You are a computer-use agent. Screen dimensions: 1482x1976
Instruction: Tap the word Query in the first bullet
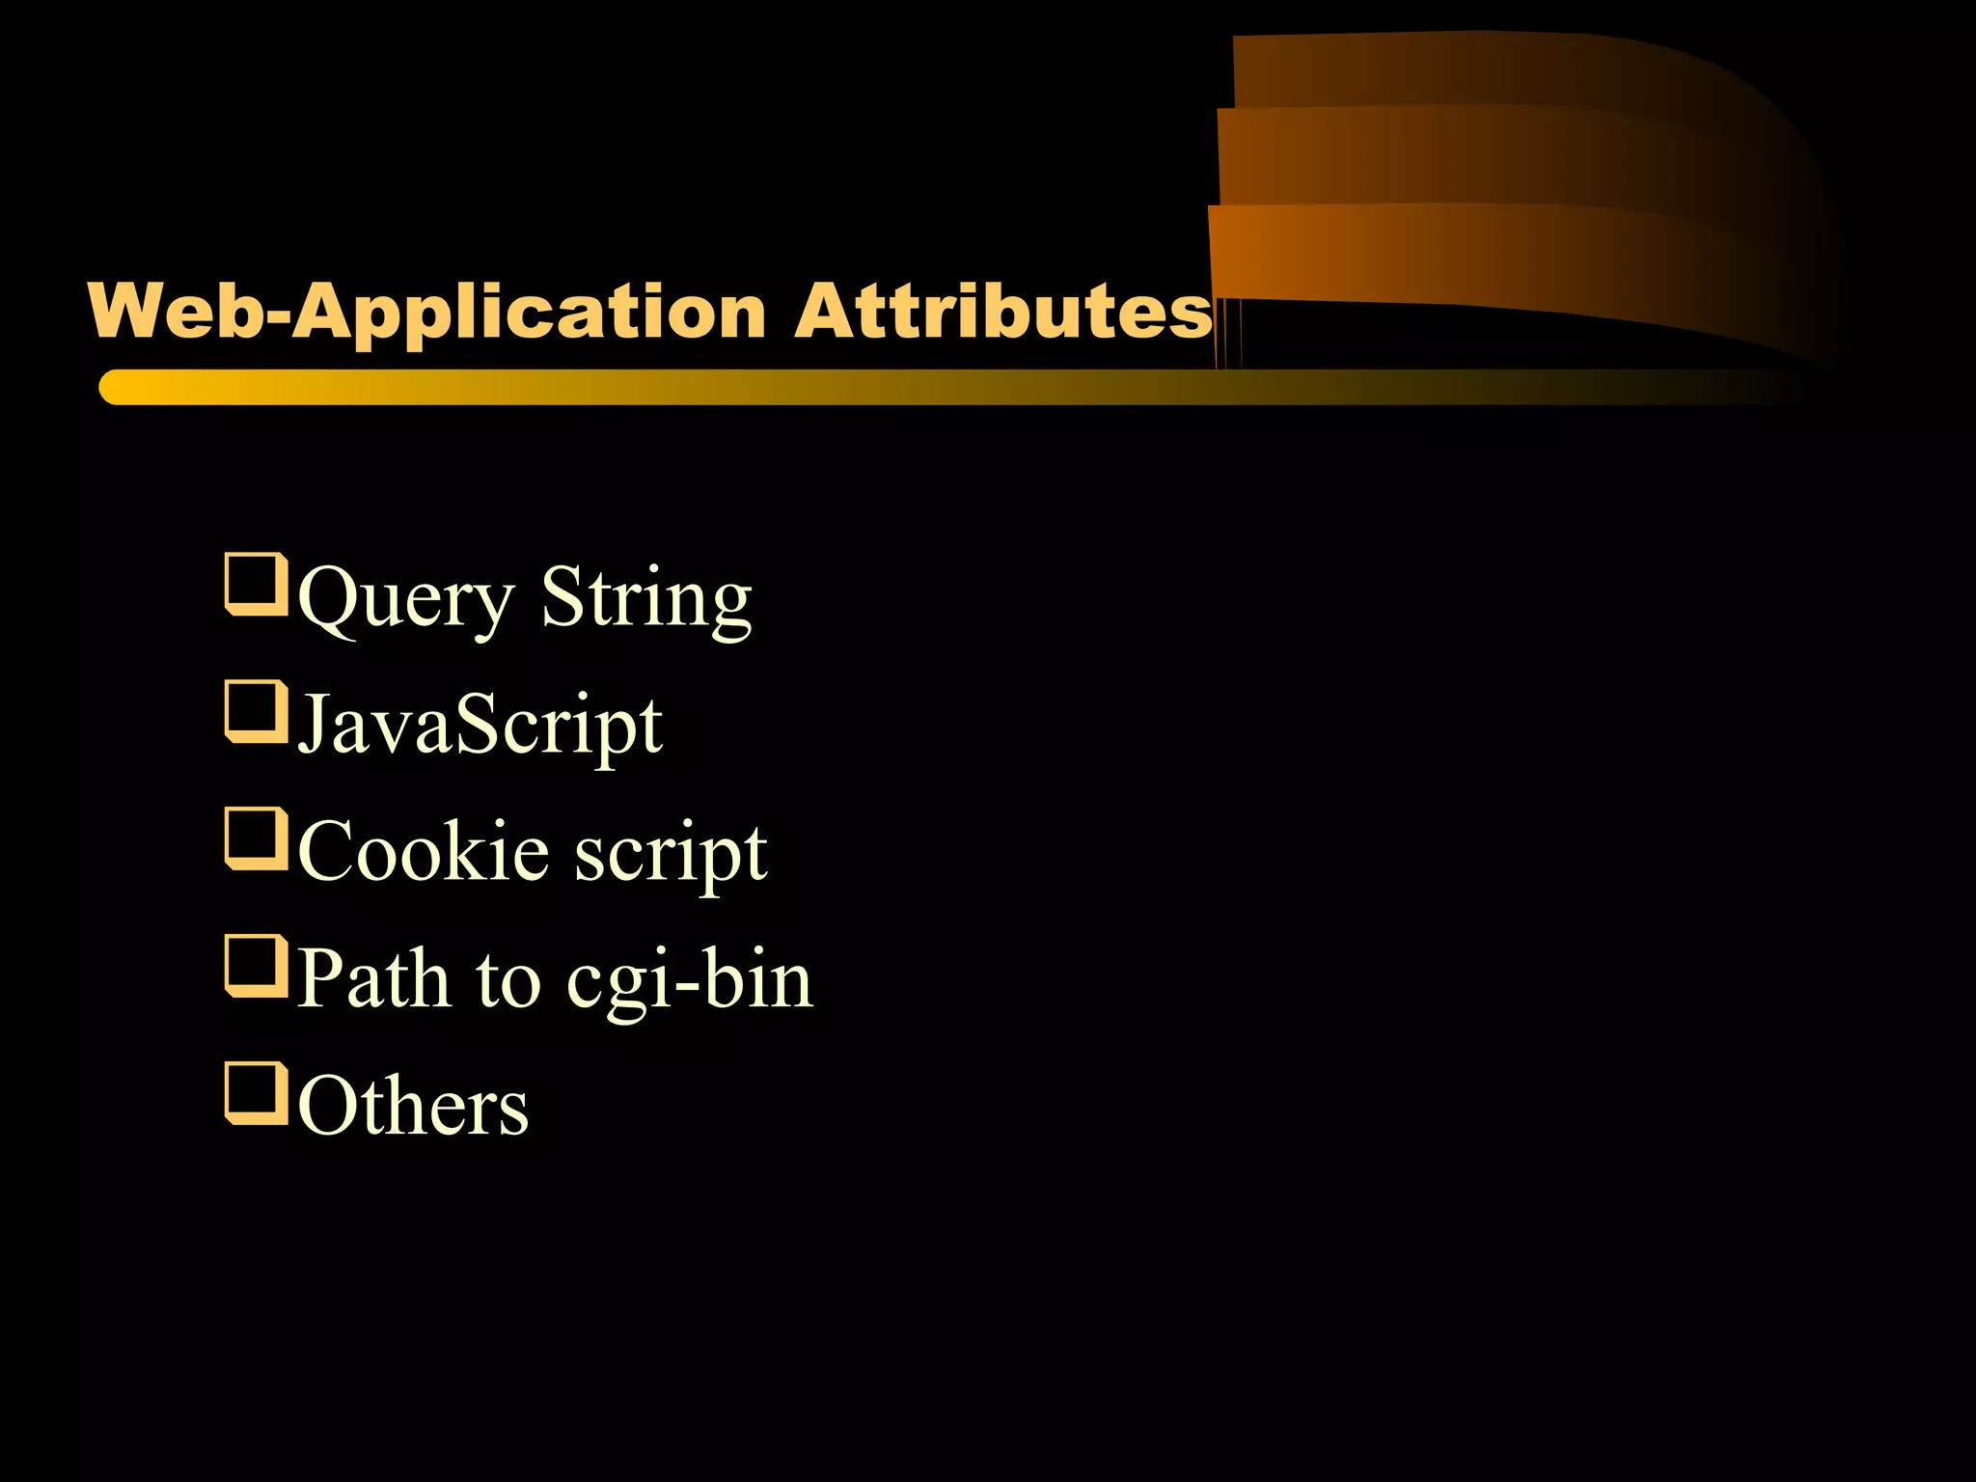click(405, 599)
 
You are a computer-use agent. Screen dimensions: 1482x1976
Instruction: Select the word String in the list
click(645, 599)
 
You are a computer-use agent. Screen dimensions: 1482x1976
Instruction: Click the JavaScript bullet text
click(480, 726)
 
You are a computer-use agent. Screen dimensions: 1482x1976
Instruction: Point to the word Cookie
click(424, 851)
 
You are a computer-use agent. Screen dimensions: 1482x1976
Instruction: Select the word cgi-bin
click(690, 980)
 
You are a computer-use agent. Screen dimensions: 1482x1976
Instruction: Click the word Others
click(413, 1106)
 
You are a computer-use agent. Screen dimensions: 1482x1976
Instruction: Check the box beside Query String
click(256, 584)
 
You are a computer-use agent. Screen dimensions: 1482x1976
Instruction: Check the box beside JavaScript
click(256, 711)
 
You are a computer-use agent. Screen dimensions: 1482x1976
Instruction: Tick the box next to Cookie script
click(256, 838)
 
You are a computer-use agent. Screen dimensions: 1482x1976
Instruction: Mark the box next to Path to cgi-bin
click(256, 966)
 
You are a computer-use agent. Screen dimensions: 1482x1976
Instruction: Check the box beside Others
click(256, 1093)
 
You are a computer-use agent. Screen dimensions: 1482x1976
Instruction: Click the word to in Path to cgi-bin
click(508, 980)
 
